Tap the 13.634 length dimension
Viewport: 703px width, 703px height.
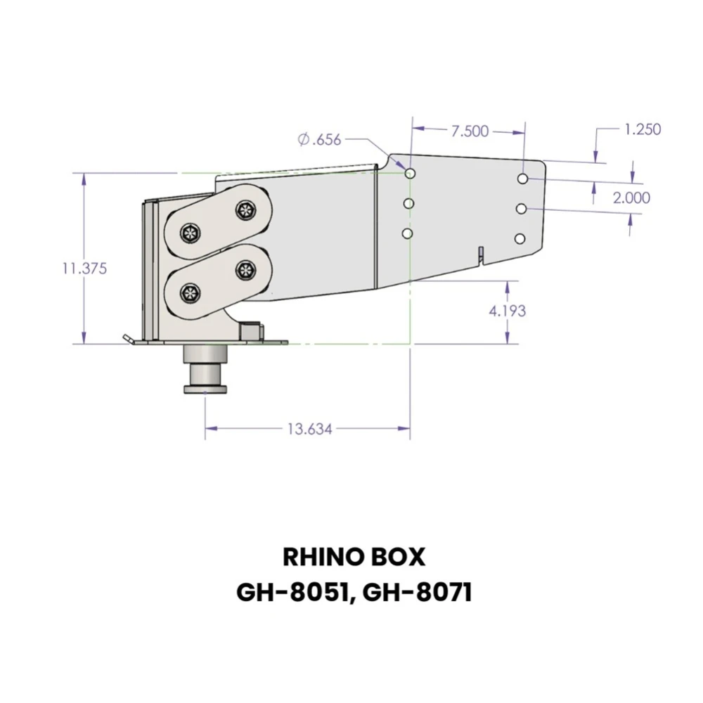click(309, 429)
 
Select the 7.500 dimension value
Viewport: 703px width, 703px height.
click(470, 131)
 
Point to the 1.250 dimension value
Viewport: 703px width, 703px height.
click(642, 129)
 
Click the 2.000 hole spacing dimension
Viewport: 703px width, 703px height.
click(631, 198)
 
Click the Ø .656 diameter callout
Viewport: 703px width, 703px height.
click(319, 140)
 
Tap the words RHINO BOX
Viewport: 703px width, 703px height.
click(354, 557)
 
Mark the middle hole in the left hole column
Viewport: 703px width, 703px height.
click(408, 203)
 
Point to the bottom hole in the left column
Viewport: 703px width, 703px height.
click(407, 233)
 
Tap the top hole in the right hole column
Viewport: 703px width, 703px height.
click(523, 179)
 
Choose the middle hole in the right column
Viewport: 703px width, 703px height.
click(522, 209)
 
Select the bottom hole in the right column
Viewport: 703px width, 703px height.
click(520, 239)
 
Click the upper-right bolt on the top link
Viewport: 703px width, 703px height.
click(245, 209)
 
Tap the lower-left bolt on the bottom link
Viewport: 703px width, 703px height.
click(190, 293)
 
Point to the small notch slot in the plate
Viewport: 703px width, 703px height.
click(479, 254)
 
